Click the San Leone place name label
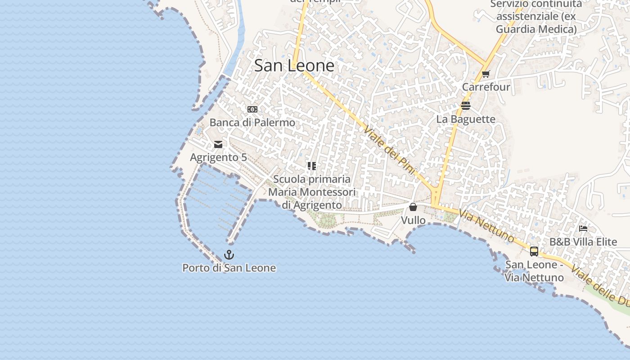pyautogui.click(x=294, y=66)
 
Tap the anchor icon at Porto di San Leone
pyautogui.click(x=229, y=255)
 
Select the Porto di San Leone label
pyautogui.click(x=229, y=268)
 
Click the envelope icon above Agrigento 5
pyautogui.click(x=218, y=144)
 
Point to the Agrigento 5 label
pyautogui.click(x=218, y=157)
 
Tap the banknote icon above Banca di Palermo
pyautogui.click(x=252, y=109)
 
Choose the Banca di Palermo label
pyautogui.click(x=252, y=122)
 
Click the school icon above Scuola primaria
pyautogui.click(x=312, y=166)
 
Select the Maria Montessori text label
pyautogui.click(x=312, y=192)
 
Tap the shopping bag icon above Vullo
pyautogui.click(x=413, y=207)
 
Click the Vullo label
pyautogui.click(x=413, y=220)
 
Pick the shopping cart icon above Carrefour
pyautogui.click(x=486, y=74)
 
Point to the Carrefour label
pyautogui.click(x=486, y=87)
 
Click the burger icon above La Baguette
pyautogui.click(x=466, y=106)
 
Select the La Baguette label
pyautogui.click(x=466, y=119)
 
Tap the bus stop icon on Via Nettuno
pyautogui.click(x=534, y=251)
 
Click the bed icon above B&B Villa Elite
pyautogui.click(x=583, y=229)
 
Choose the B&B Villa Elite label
pyautogui.click(x=583, y=242)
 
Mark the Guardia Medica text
pyautogui.click(x=536, y=30)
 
